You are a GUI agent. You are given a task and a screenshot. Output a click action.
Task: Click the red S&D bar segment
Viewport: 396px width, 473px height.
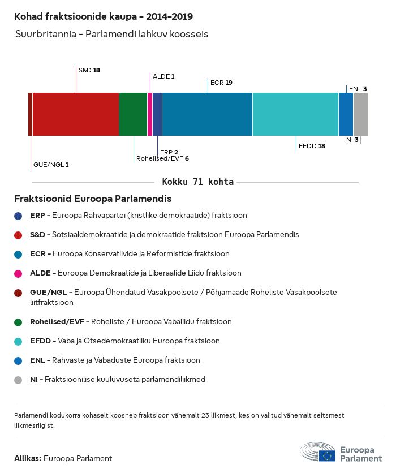pos(75,114)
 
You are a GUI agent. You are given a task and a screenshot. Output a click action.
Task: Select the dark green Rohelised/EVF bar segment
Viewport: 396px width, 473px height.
pos(133,114)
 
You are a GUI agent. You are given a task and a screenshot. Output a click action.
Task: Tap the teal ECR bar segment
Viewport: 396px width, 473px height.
pos(207,114)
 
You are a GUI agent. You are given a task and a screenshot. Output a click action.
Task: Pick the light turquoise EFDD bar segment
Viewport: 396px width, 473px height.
pos(295,114)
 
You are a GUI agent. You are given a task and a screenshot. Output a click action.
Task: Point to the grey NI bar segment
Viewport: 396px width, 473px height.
pos(360,114)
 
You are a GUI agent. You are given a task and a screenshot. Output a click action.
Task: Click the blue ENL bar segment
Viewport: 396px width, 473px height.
pos(346,114)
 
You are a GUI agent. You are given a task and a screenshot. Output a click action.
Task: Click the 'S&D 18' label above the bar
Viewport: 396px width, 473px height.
pos(89,70)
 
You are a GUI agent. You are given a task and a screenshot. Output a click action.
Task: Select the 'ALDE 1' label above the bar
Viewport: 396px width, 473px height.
pos(163,76)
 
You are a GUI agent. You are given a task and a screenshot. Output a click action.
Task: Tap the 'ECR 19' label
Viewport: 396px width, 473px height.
pos(221,83)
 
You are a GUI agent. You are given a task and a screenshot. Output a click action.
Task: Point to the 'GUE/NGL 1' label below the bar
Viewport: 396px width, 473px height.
pos(51,165)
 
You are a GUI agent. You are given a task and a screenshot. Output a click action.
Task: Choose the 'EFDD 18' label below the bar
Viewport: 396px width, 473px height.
pos(312,146)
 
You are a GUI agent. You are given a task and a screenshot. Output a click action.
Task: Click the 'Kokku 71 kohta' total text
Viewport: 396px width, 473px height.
pos(198,182)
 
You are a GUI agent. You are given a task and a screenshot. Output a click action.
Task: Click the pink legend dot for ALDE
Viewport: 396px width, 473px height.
pos(19,273)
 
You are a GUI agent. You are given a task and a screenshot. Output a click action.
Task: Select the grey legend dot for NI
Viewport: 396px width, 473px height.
pos(19,380)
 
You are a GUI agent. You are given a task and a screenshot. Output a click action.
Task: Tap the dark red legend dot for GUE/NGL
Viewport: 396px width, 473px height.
pos(19,293)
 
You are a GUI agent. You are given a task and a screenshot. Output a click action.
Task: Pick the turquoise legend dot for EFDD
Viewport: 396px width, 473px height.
pos(19,342)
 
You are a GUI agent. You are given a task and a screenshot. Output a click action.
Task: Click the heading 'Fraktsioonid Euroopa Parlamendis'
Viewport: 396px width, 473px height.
pos(93,199)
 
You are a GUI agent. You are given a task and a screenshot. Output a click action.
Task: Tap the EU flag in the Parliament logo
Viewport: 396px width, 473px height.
pos(327,454)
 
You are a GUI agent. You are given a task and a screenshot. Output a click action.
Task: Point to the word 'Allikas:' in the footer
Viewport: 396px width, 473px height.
pos(27,458)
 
